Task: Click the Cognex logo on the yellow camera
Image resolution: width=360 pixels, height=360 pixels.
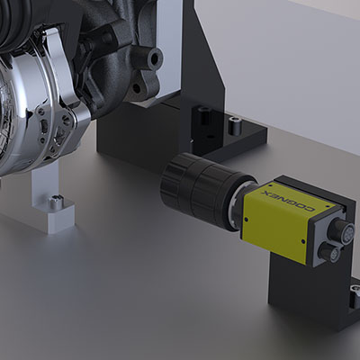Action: pos(288,202)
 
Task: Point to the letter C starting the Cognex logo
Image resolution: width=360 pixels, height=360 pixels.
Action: pos(310,210)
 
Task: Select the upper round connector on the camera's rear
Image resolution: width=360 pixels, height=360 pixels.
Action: pos(341,230)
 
